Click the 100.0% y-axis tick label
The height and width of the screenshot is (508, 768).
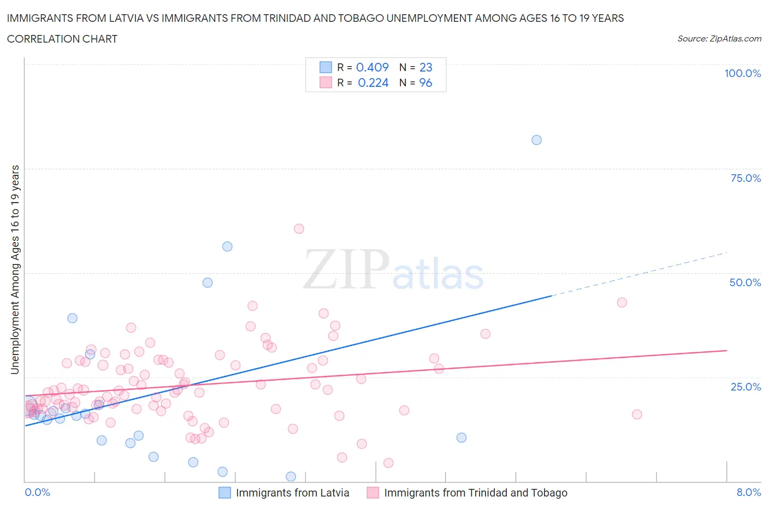pyautogui.click(x=742, y=73)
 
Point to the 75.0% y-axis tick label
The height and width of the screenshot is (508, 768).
pyautogui.click(x=746, y=178)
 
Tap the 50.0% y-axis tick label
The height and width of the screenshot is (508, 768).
pyautogui.click(x=745, y=282)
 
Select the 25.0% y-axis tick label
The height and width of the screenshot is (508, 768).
pyautogui.click(x=746, y=387)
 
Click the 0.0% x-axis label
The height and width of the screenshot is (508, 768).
pyautogui.click(x=37, y=492)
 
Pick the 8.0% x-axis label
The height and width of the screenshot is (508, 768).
pyautogui.click(x=748, y=492)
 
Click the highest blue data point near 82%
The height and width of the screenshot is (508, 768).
pyautogui.click(x=536, y=140)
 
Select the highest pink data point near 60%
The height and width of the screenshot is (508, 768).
pyautogui.click(x=299, y=229)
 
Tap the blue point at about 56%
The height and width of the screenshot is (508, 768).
pyautogui.click(x=227, y=246)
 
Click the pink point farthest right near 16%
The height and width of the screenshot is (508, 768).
pyautogui.click(x=637, y=415)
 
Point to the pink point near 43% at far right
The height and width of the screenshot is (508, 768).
pyautogui.click(x=622, y=303)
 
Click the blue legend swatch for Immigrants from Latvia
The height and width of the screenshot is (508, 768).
pyautogui.click(x=225, y=493)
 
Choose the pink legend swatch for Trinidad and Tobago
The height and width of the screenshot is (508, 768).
pyautogui.click(x=373, y=493)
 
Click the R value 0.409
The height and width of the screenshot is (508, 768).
pyautogui.click(x=372, y=67)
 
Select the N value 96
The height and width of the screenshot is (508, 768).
pyautogui.click(x=426, y=82)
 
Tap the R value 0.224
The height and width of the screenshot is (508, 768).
pyautogui.click(x=373, y=82)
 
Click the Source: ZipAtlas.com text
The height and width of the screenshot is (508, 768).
pyautogui.click(x=719, y=38)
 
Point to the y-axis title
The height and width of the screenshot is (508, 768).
pyautogui.click(x=15, y=269)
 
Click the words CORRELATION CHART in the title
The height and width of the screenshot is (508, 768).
pyautogui.click(x=62, y=39)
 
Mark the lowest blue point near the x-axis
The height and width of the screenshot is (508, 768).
pyautogui.click(x=291, y=477)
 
